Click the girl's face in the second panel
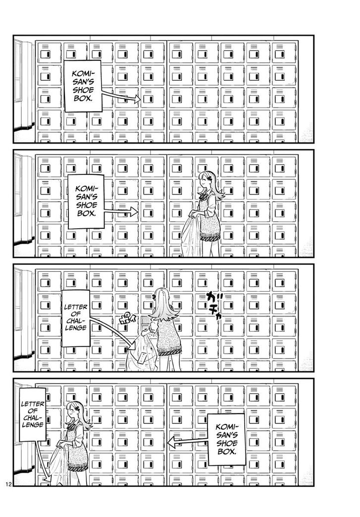pyautogui.click(x=205, y=183)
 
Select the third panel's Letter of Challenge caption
pyautogui.click(x=75, y=318)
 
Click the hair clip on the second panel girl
pyautogui.click(x=211, y=176)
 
